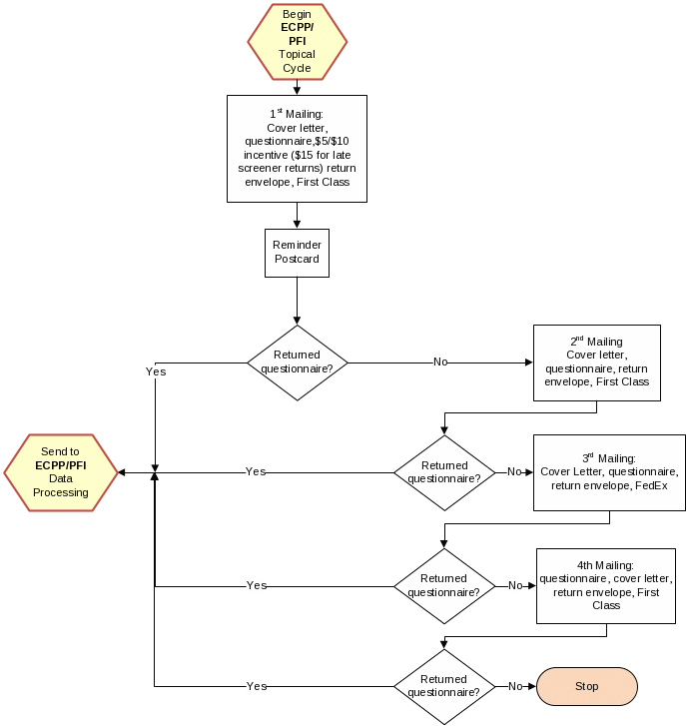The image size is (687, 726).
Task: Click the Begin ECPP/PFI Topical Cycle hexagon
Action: tap(298, 41)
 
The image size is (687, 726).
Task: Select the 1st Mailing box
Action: tap(298, 148)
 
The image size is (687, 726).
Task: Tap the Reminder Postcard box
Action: tap(298, 253)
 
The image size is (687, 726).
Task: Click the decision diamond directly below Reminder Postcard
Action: tap(298, 363)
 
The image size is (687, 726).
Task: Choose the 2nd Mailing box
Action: tap(597, 363)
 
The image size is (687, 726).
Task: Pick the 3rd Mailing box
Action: tap(609, 472)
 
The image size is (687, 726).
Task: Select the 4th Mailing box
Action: tap(606, 585)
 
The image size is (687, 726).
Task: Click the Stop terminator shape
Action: tap(587, 686)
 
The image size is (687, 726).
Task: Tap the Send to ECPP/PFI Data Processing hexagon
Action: tap(61, 472)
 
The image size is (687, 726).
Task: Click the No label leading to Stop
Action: tap(515, 686)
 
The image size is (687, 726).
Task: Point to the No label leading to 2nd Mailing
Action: tap(439, 362)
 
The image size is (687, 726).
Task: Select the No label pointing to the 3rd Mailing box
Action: tap(514, 471)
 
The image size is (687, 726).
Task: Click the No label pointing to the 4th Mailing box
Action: tap(515, 585)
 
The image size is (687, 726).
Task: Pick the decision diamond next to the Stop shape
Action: tap(444, 686)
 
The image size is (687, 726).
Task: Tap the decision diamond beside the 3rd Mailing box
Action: tap(444, 472)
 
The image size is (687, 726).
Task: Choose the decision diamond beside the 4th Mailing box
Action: tap(444, 585)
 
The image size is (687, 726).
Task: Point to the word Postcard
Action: tap(298, 260)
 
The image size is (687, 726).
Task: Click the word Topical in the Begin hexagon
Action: tap(297, 54)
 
